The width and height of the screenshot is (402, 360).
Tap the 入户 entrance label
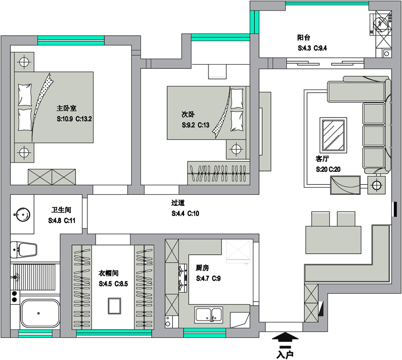pos(285,354)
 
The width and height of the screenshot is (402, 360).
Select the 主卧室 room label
pos(66,108)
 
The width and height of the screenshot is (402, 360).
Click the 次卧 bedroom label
pos(188,114)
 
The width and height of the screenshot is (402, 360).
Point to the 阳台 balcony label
pos(304,38)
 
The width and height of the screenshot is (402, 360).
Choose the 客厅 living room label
pos(322,159)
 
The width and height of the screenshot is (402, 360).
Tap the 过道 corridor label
pos(178,203)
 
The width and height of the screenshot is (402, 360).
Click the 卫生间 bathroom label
pos(61,210)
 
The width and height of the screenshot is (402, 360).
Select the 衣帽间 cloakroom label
pos(108,273)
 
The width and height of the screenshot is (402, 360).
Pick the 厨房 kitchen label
pos(203,268)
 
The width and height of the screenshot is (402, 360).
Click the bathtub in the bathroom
pos(40,313)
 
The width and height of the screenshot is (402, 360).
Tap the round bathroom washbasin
pos(22,214)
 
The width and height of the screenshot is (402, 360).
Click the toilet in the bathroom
pos(24,250)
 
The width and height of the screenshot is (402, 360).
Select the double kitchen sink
pos(209,315)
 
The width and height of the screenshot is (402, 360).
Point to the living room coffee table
pos(333,135)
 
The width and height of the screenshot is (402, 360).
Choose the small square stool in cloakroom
pos(115,306)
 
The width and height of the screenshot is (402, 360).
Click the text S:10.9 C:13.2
pos(74,119)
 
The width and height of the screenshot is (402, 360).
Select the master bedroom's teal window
pos(71,41)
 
